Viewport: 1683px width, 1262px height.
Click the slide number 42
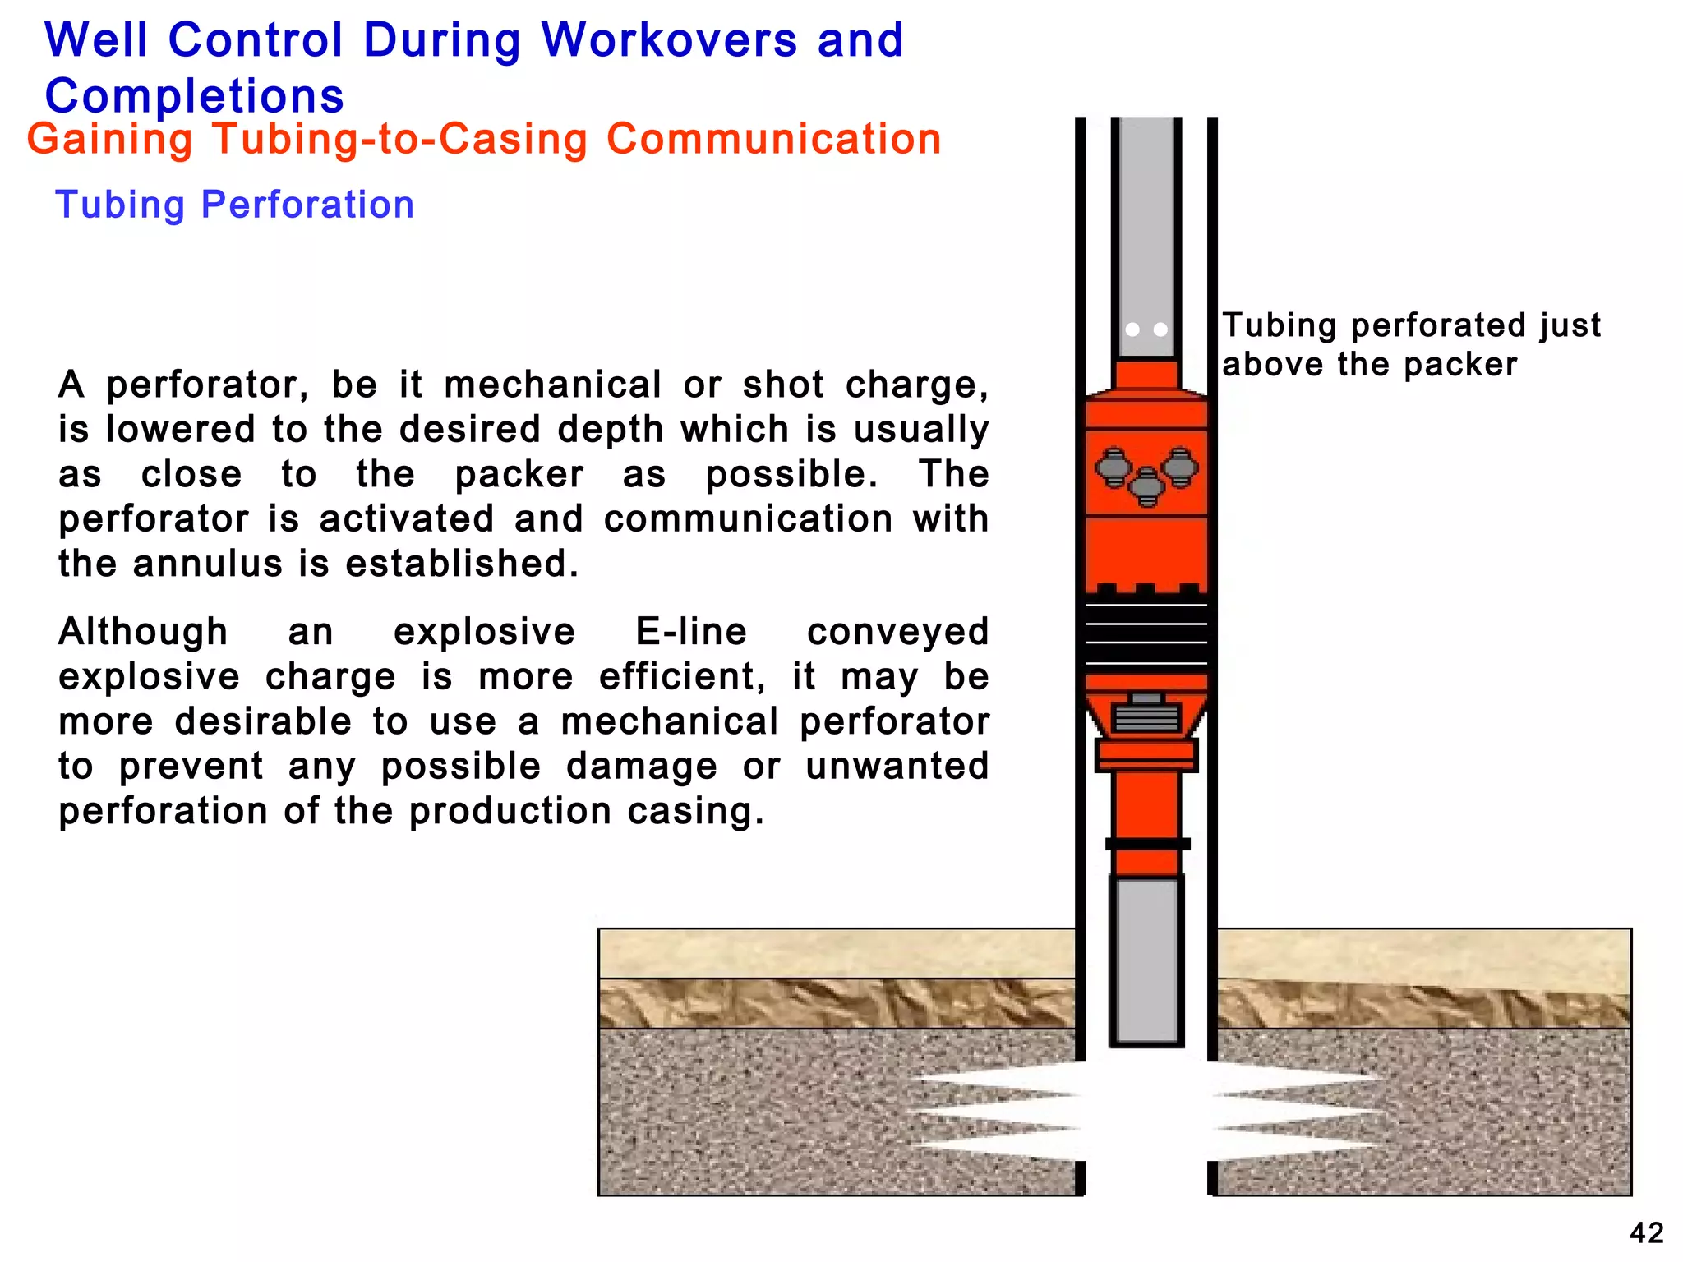tap(1646, 1232)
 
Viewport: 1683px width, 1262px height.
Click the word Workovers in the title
tap(669, 40)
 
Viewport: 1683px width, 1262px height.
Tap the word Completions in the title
tap(195, 96)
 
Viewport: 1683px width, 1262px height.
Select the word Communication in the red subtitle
tap(773, 139)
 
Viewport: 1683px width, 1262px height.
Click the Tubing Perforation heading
tap(234, 205)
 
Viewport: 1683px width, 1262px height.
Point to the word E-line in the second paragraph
tap(691, 632)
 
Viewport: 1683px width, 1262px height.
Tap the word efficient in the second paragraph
tap(681, 677)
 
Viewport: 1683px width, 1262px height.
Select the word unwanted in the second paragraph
tap(897, 767)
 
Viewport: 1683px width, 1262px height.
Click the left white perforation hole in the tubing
tap(1132, 329)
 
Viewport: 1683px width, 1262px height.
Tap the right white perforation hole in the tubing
tap(1160, 329)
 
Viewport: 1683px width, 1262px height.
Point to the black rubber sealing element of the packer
tap(1146, 633)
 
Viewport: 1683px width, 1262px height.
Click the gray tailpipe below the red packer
tap(1146, 961)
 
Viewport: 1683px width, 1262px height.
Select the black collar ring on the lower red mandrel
tap(1147, 844)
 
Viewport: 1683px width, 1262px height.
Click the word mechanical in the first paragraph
tap(552, 385)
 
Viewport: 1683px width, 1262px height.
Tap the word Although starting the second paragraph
tap(143, 632)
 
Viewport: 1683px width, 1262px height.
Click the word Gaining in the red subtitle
tap(109, 139)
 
